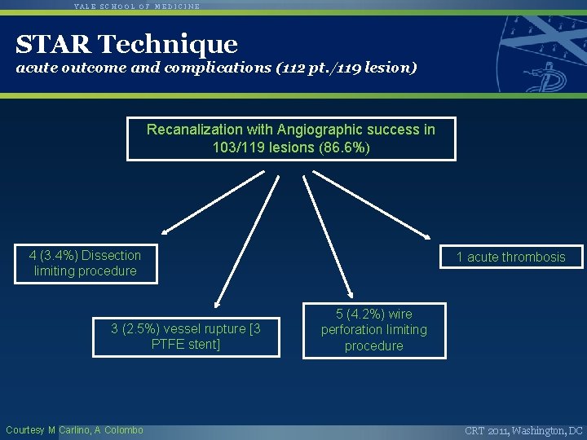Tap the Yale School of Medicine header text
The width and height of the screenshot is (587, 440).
pyautogui.click(x=137, y=6)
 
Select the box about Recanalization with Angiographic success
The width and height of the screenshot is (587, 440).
pyautogui.click(x=291, y=139)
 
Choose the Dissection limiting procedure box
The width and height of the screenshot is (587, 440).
pyautogui.click(x=86, y=263)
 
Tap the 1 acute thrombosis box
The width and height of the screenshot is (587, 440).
pyautogui.click(x=510, y=257)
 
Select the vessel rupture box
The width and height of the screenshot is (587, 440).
pyautogui.click(x=186, y=337)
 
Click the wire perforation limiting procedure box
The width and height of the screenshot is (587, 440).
pyautogui.click(x=374, y=330)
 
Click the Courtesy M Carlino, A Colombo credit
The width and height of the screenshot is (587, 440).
pyautogui.click(x=74, y=430)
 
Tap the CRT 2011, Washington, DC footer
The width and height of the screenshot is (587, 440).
pyautogui.click(x=523, y=430)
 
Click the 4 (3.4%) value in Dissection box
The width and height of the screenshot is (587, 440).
pyautogui.click(x=52, y=256)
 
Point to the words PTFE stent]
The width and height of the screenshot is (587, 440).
pyautogui.click(x=186, y=345)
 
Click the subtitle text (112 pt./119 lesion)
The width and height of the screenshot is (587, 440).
pyautogui.click(x=337, y=68)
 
